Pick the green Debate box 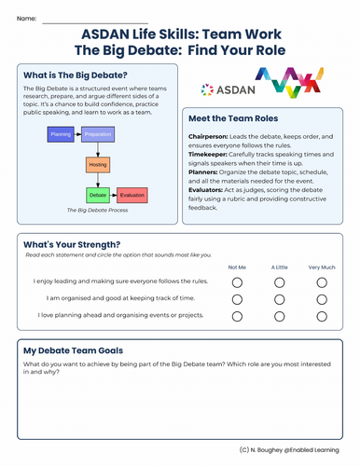98,196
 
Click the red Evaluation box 132,196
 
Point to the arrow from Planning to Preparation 78,133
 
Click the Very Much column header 321,267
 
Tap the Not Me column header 237,267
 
